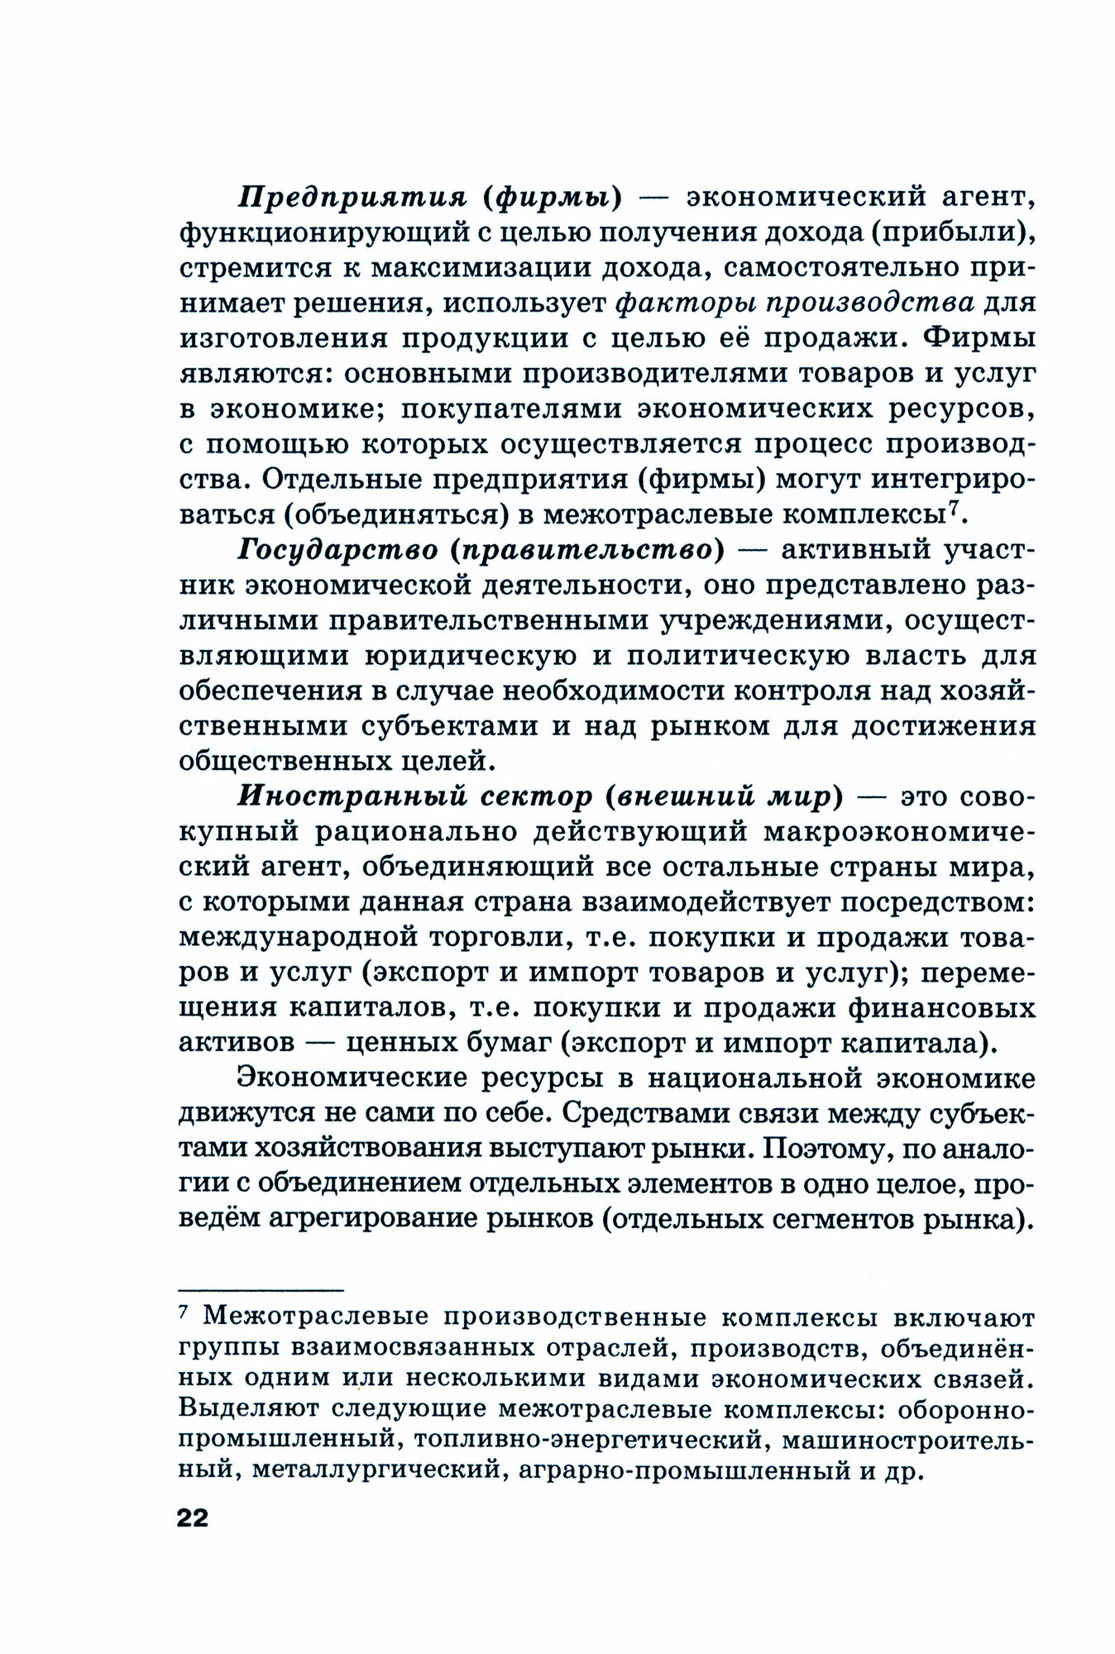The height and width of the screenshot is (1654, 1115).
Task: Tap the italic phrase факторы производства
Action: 794,304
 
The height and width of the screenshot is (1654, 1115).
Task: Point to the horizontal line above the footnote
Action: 261,1288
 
